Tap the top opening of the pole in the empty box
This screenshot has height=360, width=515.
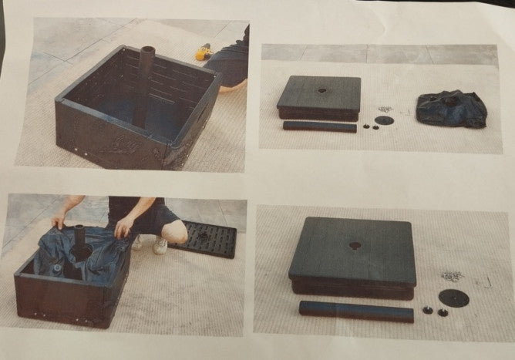(x=148, y=52)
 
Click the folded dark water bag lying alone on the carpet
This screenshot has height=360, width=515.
(x=452, y=107)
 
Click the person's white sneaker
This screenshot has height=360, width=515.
(x=160, y=246)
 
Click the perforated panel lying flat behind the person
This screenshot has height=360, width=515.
(x=204, y=239)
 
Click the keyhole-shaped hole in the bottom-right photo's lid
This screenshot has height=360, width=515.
(x=355, y=246)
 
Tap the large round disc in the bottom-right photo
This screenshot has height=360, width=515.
(x=454, y=298)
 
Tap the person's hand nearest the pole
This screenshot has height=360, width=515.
(x=121, y=227)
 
